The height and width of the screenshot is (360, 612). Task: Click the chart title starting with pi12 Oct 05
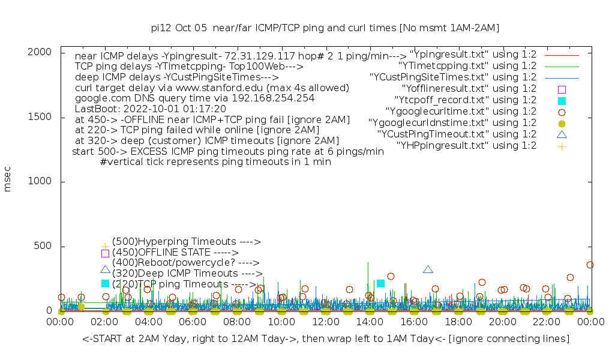(x=325, y=28)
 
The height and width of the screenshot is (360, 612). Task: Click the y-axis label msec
(x=8, y=179)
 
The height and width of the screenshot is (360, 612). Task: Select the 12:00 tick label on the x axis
(x=325, y=322)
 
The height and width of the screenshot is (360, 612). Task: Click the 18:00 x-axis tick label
(x=458, y=322)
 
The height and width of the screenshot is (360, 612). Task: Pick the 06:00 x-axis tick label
(x=193, y=322)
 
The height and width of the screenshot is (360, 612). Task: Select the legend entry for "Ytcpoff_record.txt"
(x=465, y=100)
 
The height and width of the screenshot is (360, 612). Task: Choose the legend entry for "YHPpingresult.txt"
(x=466, y=145)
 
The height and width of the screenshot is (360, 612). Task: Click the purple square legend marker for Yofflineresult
(x=562, y=89)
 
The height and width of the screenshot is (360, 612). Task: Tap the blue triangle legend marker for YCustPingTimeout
(x=562, y=134)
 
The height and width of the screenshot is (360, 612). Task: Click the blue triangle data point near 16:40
(x=428, y=269)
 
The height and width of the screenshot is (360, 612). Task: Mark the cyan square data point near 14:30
(x=380, y=283)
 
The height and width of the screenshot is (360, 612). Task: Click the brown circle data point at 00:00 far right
(x=590, y=265)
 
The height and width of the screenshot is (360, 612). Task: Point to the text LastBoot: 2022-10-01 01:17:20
(x=150, y=109)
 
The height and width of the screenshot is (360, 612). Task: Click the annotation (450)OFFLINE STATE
(x=175, y=253)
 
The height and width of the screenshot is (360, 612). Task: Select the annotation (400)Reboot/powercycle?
(x=185, y=263)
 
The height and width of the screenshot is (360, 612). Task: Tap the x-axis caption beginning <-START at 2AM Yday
(x=325, y=339)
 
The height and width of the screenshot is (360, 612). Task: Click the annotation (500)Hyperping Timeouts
(x=186, y=242)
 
